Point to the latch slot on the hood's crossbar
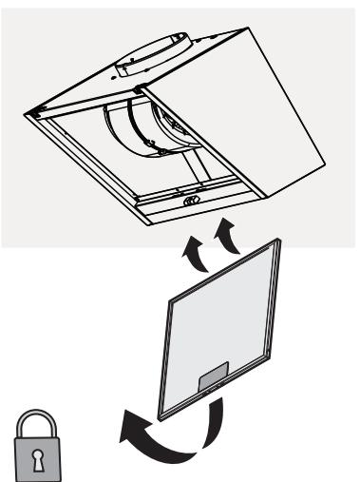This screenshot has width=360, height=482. pos(189,203)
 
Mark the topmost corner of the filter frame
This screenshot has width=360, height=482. pos(281,241)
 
